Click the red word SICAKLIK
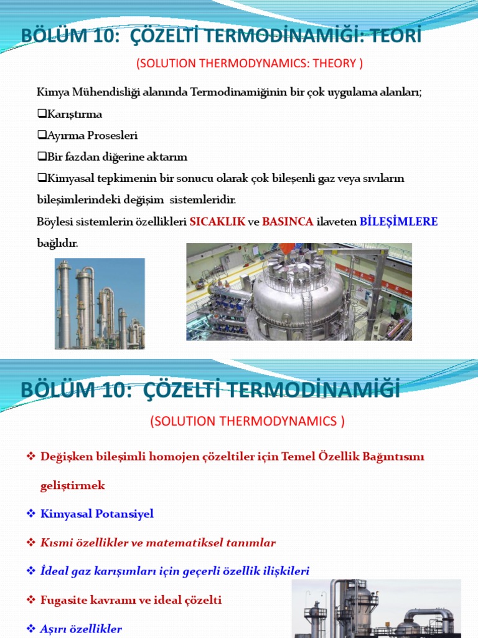click(217, 222)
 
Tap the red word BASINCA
click(288, 222)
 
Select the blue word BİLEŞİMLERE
click(399, 222)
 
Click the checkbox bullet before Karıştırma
click(42, 115)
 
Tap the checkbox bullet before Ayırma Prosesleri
click(42, 135)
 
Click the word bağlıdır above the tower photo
click(57, 243)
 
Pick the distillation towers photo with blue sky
click(100, 303)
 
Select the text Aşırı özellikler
click(81, 629)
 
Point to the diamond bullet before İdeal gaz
click(30, 571)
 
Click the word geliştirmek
click(73, 485)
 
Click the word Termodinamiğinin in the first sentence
click(238, 93)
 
